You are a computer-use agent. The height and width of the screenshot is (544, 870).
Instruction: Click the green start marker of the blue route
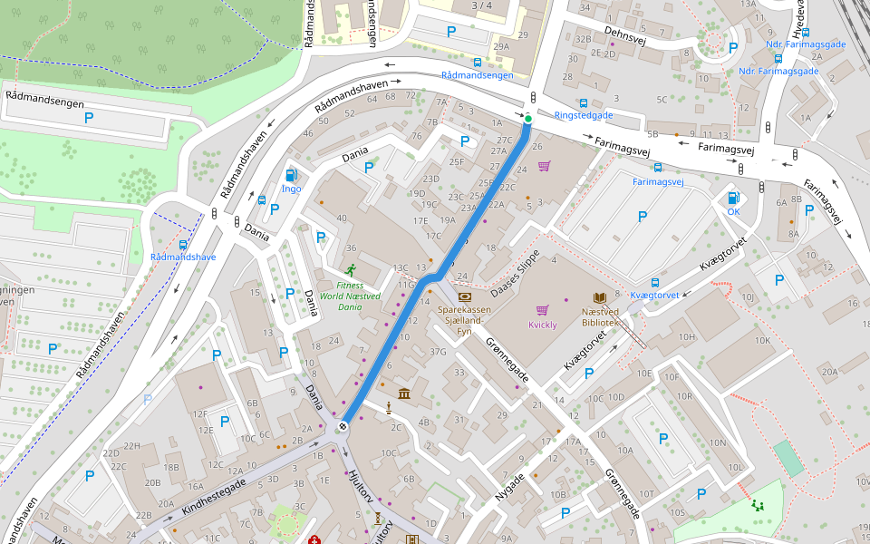528,119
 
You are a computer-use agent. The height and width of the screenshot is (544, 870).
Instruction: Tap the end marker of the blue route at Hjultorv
343,426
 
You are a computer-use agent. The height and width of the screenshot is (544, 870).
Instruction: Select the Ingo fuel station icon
291,175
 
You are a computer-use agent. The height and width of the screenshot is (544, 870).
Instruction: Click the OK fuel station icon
732,198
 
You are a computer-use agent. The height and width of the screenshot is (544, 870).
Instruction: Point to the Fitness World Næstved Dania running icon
350,269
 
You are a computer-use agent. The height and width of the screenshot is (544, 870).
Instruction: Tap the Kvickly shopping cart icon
542,311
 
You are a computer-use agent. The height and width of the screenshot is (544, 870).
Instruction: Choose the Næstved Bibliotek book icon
600,297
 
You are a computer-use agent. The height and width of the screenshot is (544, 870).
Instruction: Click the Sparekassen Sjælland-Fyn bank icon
464,296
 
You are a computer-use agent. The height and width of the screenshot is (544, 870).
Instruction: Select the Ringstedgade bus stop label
583,115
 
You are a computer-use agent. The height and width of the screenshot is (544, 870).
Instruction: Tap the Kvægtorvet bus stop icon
655,283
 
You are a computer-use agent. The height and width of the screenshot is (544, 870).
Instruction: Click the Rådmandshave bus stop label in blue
183,257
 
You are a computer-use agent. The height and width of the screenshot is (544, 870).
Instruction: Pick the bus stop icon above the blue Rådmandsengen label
478,63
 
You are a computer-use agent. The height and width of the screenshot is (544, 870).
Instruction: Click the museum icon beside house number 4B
403,393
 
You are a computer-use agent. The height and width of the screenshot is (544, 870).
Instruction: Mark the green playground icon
756,505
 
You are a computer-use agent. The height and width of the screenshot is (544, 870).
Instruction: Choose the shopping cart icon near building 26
544,166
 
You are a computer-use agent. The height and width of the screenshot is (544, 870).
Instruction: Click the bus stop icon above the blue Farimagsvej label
657,168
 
